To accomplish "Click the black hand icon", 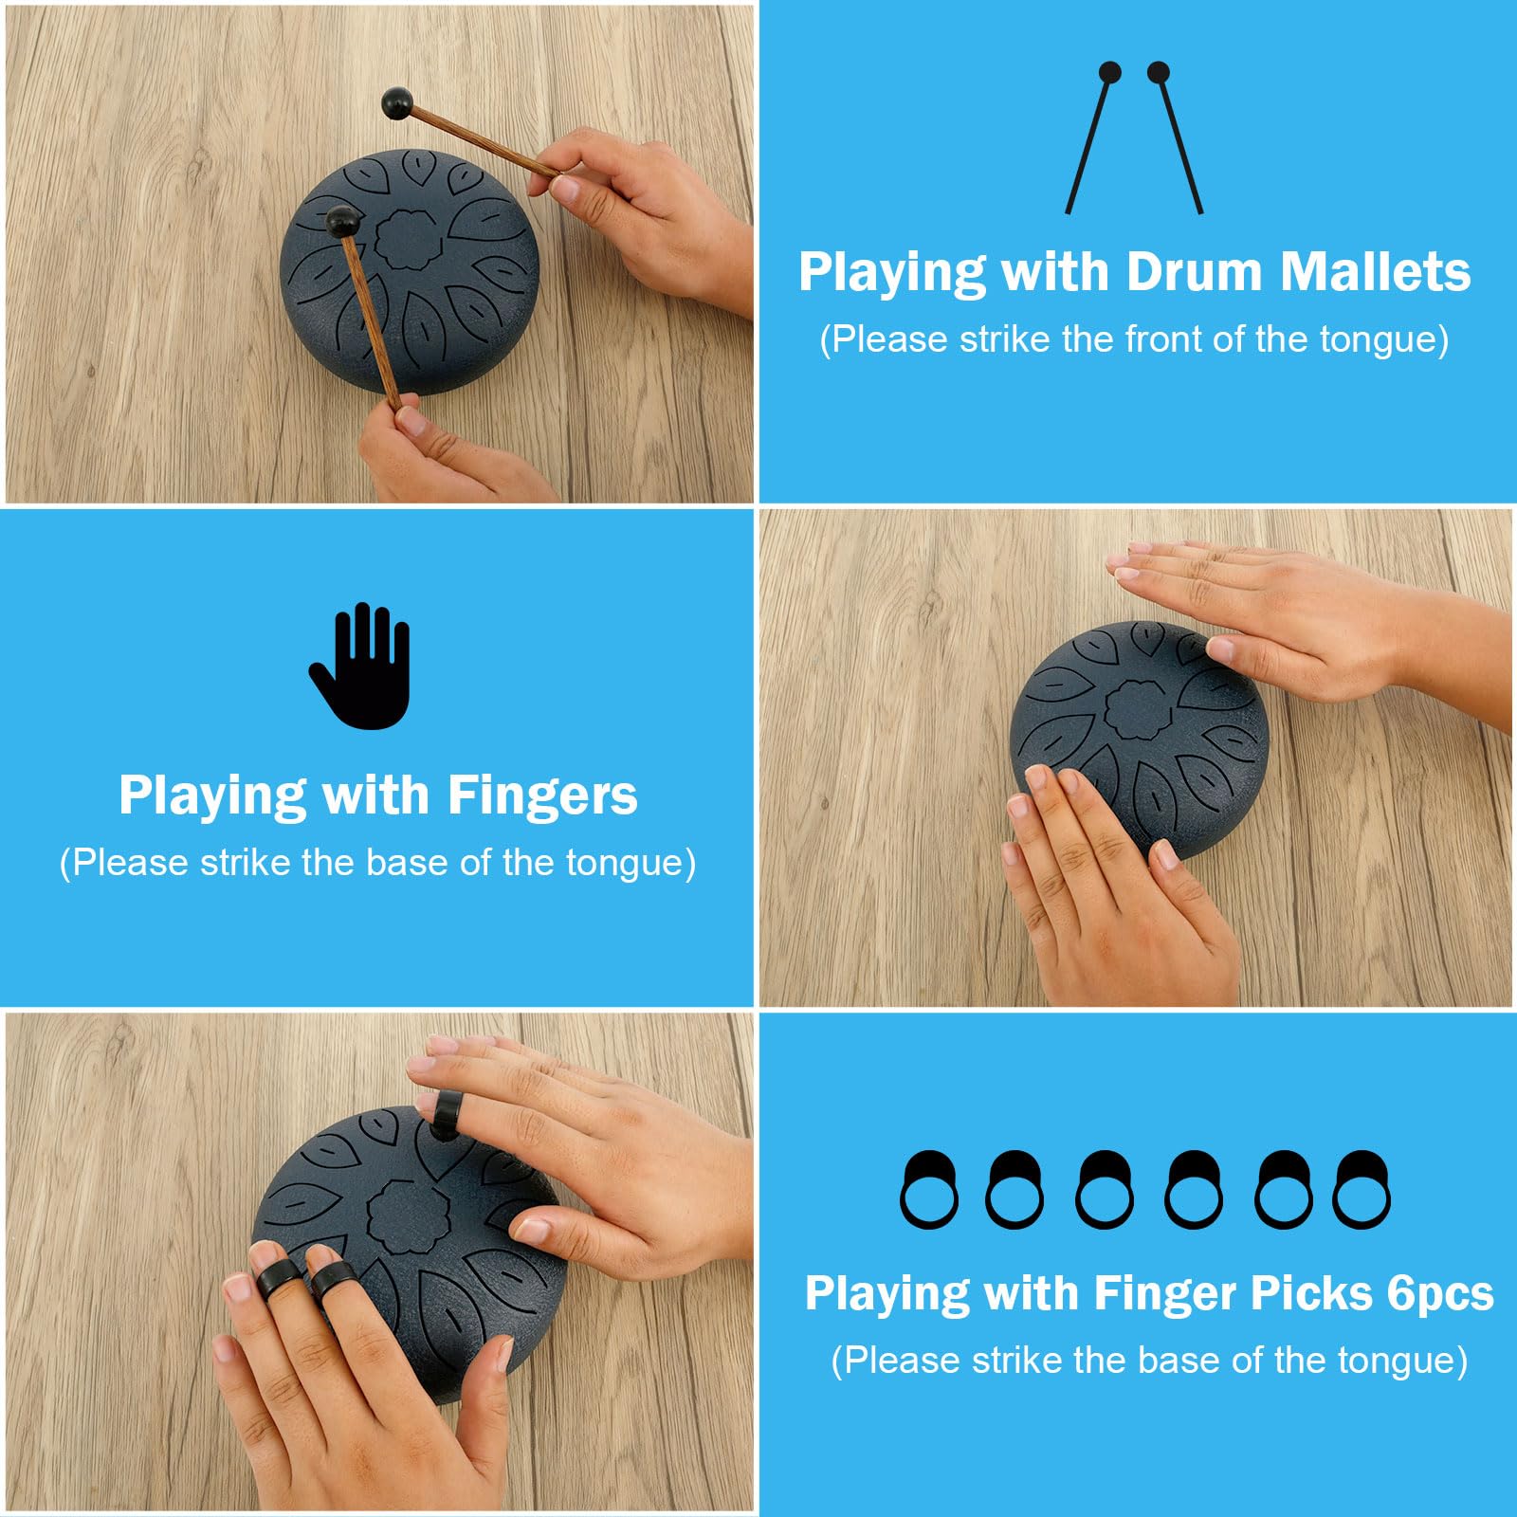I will coord(360,667).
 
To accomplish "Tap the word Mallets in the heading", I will coord(1375,272).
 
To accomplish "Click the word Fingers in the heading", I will coord(542,795).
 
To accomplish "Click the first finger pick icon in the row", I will coord(928,1191).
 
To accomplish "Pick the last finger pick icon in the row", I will coord(1362,1191).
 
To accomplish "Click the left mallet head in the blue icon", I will coord(1109,73).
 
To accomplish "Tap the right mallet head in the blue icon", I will coord(1159,72).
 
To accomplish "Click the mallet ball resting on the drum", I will coord(342,221).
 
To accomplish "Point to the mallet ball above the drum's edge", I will coord(396,102).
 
